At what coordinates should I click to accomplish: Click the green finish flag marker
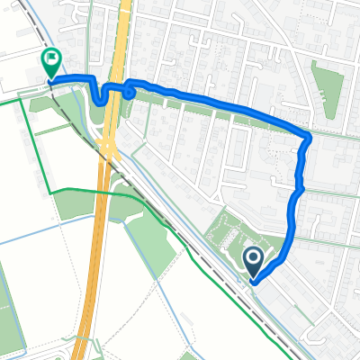pos(51,64)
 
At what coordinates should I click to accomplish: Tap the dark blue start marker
pos(253,262)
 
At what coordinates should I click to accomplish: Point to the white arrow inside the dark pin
pos(253,260)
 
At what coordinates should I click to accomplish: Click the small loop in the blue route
pos(130,89)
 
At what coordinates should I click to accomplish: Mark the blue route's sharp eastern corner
pos(309,136)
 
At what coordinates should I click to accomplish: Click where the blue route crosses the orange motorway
pos(113,87)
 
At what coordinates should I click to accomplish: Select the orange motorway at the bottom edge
pos(81,354)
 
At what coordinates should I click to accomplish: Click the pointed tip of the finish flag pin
pos(51,82)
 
